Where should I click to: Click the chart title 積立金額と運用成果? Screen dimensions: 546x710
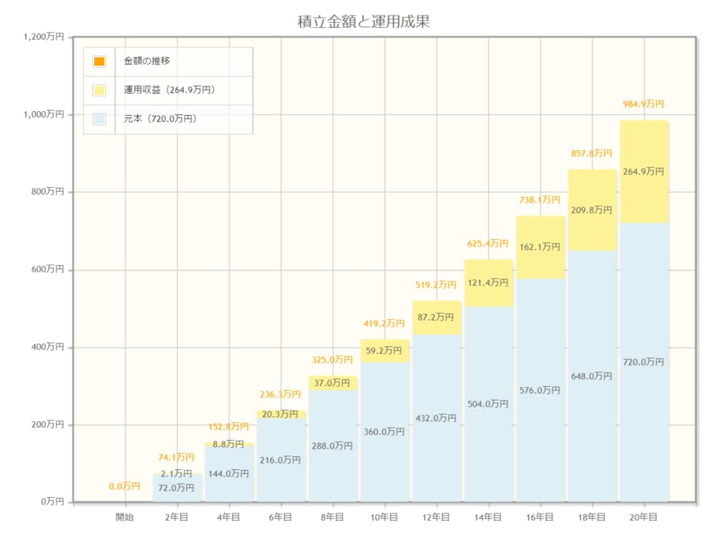pyautogui.click(x=363, y=22)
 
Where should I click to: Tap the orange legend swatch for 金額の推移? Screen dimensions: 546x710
pyautogui.click(x=99, y=61)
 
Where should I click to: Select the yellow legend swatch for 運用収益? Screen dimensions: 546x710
pyautogui.click(x=99, y=90)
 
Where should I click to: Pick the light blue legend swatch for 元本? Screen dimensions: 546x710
pyautogui.click(x=99, y=119)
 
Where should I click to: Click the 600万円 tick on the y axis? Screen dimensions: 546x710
pyautogui.click(x=47, y=269)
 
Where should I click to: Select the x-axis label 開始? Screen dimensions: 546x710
pyautogui.click(x=125, y=517)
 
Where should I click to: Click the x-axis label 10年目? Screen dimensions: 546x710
pyautogui.click(x=384, y=517)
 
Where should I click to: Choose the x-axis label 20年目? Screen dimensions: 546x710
pyautogui.click(x=644, y=517)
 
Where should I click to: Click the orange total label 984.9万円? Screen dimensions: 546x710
pyautogui.click(x=644, y=104)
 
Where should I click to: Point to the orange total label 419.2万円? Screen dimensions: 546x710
pyautogui.click(x=384, y=323)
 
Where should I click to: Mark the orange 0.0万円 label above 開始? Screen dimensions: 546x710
pyautogui.click(x=125, y=487)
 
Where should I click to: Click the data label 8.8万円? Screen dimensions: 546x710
pyautogui.click(x=229, y=445)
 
